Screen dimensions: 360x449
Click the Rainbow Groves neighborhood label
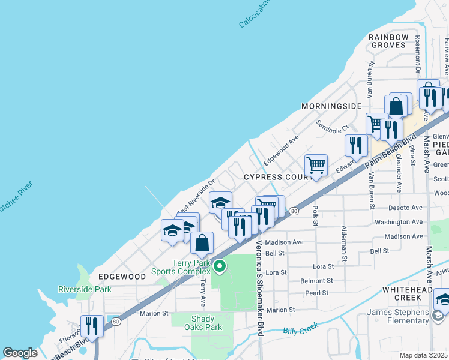pyautogui.click(x=389, y=41)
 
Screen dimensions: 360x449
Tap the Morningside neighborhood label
pyautogui.click(x=332, y=106)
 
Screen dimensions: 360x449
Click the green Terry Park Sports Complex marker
pyautogui.click(x=220, y=266)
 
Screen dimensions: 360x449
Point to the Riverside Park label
pyautogui.click(x=85, y=289)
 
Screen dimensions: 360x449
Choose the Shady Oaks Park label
pyautogui.click(x=206, y=323)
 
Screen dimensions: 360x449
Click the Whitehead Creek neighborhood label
pyautogui.click(x=411, y=293)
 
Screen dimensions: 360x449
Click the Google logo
pyautogui.click(x=20, y=353)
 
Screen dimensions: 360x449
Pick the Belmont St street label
pyautogui.click(x=316, y=281)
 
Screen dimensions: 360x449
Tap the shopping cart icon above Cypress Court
pyautogui.click(x=316, y=165)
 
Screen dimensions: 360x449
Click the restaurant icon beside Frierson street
pyautogui.click(x=92, y=326)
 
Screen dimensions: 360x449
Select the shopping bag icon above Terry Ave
pyautogui.click(x=202, y=243)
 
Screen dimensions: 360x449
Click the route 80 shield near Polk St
pyautogui.click(x=293, y=211)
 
